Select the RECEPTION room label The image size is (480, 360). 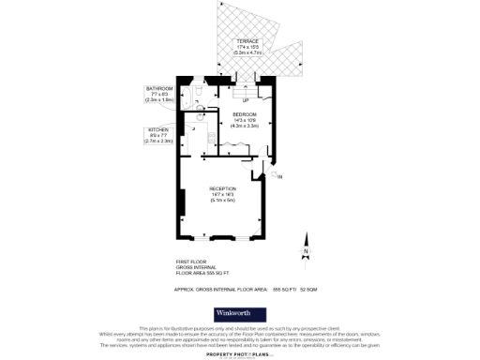click(x=222, y=188)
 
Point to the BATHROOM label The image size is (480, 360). click(x=158, y=88)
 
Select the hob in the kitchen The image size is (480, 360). click(x=187, y=140)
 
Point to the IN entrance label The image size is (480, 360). click(x=279, y=174)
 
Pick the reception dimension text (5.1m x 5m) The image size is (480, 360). click(x=222, y=201)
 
